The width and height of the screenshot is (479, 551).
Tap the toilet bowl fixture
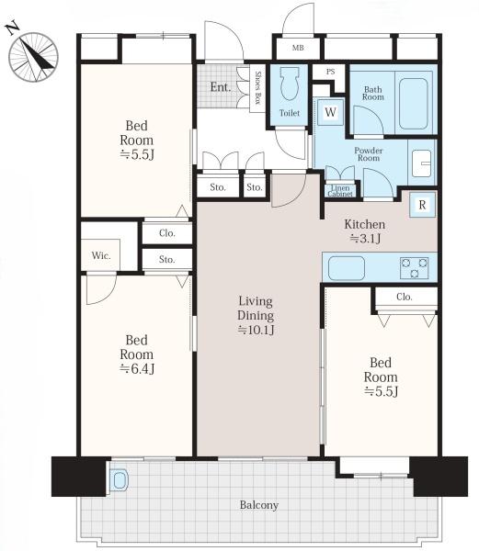click(x=289, y=84)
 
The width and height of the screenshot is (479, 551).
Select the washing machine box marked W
click(x=330, y=112)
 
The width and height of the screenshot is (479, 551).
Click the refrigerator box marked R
click(x=422, y=205)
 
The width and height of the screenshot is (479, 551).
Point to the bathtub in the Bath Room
click(x=414, y=104)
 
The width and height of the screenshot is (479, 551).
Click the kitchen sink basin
click(x=347, y=268)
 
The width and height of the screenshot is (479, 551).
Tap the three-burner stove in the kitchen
click(x=414, y=268)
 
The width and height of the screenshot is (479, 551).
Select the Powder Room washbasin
click(x=422, y=163)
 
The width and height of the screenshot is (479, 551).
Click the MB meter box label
click(x=298, y=48)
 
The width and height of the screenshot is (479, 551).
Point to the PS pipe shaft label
click(x=330, y=72)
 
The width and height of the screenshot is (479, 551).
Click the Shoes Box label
click(x=257, y=88)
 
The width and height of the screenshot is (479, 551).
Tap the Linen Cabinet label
click(x=340, y=191)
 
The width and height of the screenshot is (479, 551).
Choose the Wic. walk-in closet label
click(x=101, y=255)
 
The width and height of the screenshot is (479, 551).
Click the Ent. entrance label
click(x=221, y=87)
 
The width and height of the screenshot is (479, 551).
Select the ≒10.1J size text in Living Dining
click(x=256, y=330)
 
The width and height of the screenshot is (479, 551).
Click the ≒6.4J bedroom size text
click(x=137, y=368)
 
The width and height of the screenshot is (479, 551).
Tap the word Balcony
click(x=259, y=505)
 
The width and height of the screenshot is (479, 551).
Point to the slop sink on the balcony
click(x=120, y=480)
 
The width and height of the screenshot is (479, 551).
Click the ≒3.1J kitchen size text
click(x=365, y=239)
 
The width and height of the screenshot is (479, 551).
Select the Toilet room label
click(x=290, y=113)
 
